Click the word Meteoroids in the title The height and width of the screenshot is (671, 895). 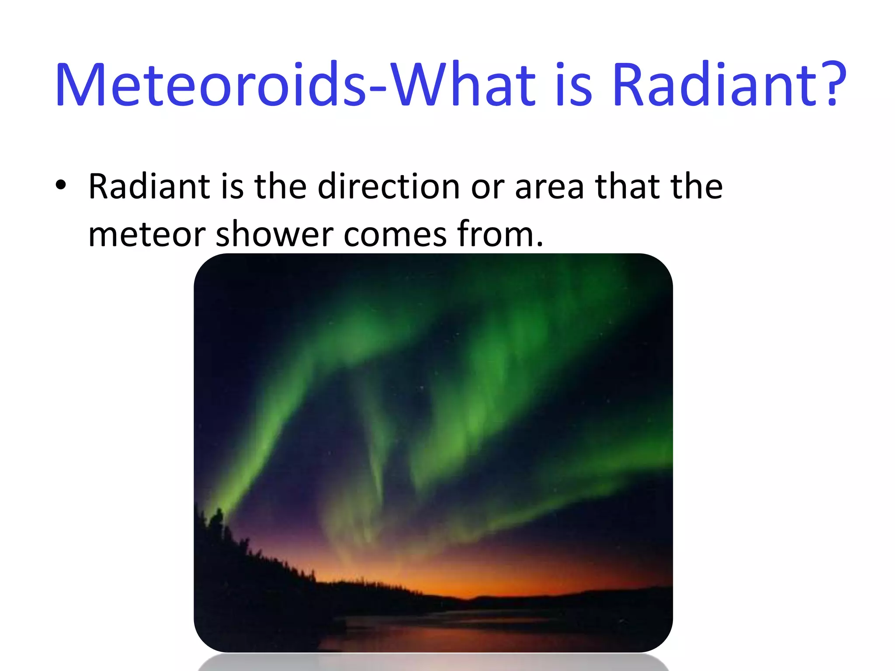pos(210,85)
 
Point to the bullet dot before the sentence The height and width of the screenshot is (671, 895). pos(61,185)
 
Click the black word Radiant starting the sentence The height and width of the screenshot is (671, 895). pos(149,187)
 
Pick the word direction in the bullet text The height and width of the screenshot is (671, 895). pos(389,187)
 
